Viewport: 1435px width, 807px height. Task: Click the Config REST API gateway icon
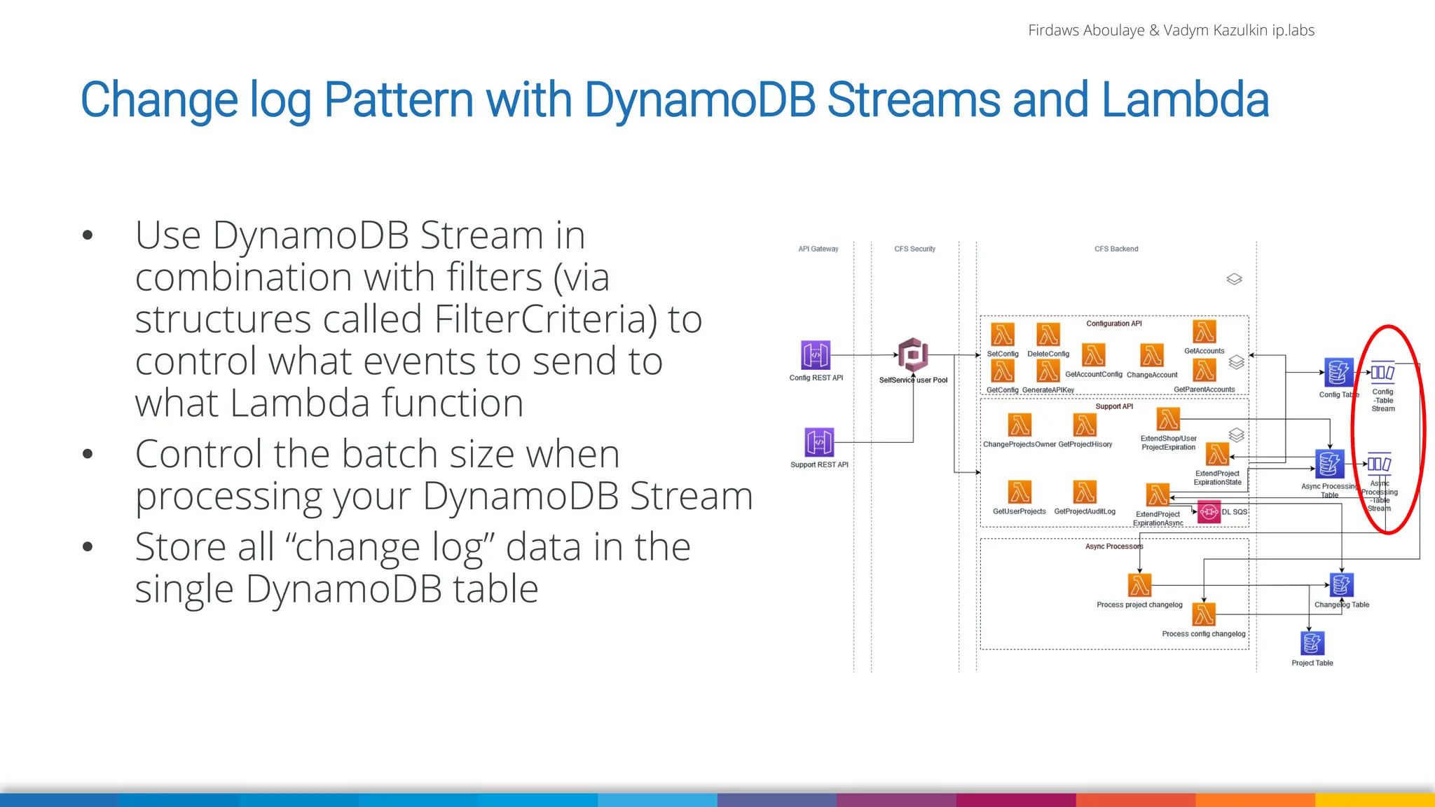point(815,355)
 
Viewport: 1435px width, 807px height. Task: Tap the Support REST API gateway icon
point(819,442)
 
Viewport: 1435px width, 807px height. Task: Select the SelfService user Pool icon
point(913,354)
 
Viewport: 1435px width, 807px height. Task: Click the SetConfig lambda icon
point(1003,335)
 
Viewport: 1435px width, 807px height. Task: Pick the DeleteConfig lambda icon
point(1048,335)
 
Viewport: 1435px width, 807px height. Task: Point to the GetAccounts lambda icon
point(1204,332)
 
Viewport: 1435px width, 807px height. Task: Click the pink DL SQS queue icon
point(1209,512)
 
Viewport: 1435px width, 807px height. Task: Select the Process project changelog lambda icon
point(1139,585)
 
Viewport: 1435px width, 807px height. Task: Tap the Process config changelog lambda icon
point(1204,614)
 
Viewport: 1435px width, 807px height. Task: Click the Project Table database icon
point(1312,643)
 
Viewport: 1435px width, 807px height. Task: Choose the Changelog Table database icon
point(1341,585)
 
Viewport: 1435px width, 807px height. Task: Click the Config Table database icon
point(1338,372)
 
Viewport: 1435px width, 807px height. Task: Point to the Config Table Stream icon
point(1382,373)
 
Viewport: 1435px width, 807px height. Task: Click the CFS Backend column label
point(1115,249)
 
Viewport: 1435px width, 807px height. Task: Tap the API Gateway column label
point(818,249)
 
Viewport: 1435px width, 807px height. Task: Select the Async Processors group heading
point(1113,546)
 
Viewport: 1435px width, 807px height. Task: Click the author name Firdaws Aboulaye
point(1085,30)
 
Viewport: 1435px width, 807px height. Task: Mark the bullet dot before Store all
point(88,546)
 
